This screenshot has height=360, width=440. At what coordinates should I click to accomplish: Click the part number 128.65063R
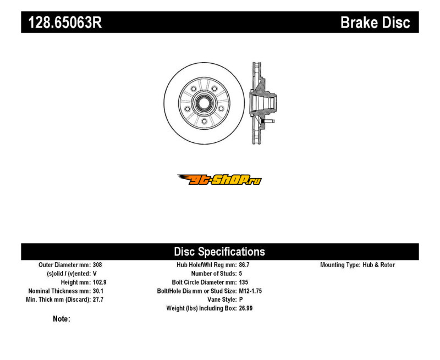click(x=65, y=22)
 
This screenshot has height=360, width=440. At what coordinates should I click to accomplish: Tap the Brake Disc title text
click(x=375, y=22)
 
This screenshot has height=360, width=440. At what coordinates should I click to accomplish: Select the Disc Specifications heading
click(x=219, y=252)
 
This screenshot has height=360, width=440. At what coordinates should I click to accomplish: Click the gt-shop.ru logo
click(x=219, y=180)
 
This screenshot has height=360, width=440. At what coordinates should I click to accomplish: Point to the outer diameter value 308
click(x=97, y=265)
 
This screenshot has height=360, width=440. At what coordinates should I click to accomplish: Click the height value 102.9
click(x=100, y=282)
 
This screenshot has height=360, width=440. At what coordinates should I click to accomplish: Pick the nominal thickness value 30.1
click(x=98, y=291)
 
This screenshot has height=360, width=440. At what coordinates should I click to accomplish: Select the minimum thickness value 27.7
click(x=98, y=300)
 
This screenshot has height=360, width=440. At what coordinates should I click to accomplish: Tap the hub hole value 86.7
click(x=244, y=265)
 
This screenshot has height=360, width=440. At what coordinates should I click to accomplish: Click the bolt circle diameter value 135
click(x=244, y=282)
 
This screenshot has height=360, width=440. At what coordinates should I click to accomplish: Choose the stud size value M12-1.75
click(x=250, y=291)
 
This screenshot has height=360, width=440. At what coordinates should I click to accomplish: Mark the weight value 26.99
click(x=246, y=308)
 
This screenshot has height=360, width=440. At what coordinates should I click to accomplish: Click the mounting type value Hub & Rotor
click(x=378, y=265)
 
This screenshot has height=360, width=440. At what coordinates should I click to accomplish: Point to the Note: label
click(x=62, y=319)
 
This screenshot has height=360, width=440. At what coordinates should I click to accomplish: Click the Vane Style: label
click(x=222, y=300)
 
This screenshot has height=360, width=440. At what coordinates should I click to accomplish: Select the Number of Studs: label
click(x=214, y=273)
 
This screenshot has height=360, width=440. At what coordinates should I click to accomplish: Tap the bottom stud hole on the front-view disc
click(x=204, y=121)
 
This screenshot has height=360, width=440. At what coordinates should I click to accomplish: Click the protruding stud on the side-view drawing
click(x=269, y=121)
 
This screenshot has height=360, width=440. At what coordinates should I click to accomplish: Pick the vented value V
click(x=95, y=273)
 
